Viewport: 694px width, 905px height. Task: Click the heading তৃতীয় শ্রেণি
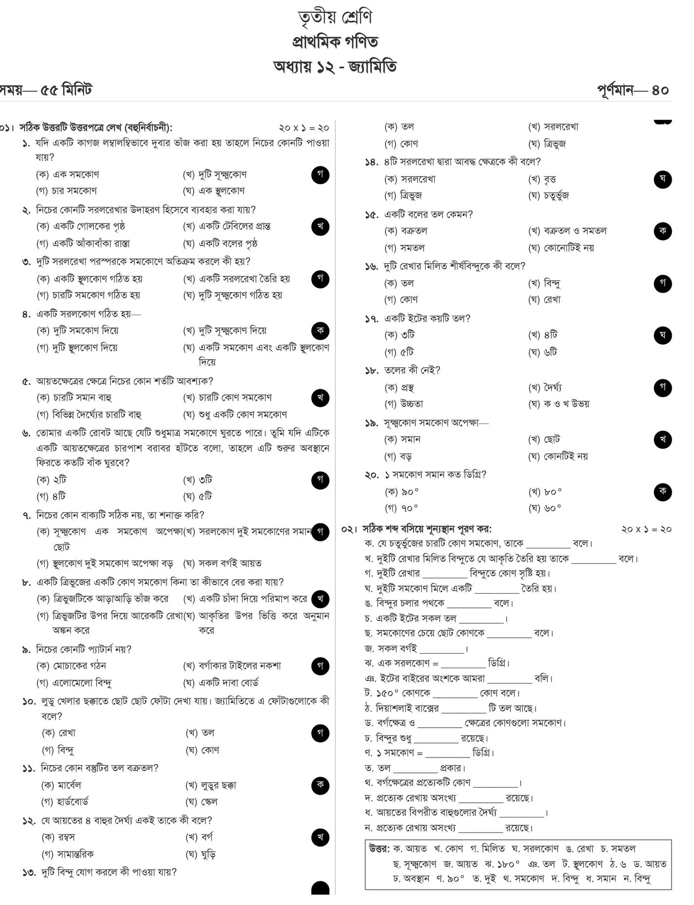click(335, 17)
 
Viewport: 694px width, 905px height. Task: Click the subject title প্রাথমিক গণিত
click(335, 42)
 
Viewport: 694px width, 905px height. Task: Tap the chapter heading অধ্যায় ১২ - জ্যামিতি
click(335, 66)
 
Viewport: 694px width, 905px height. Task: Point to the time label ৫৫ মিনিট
click(66, 90)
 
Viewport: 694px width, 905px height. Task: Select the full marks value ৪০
click(660, 90)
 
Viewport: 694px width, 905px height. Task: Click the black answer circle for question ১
click(320, 174)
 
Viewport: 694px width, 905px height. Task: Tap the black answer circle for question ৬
click(320, 480)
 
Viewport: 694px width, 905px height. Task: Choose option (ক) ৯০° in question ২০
click(402, 492)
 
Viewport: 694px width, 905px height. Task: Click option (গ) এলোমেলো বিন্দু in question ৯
click(74, 682)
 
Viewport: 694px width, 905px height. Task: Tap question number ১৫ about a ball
click(372, 215)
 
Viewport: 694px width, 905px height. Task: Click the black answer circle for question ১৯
click(663, 440)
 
